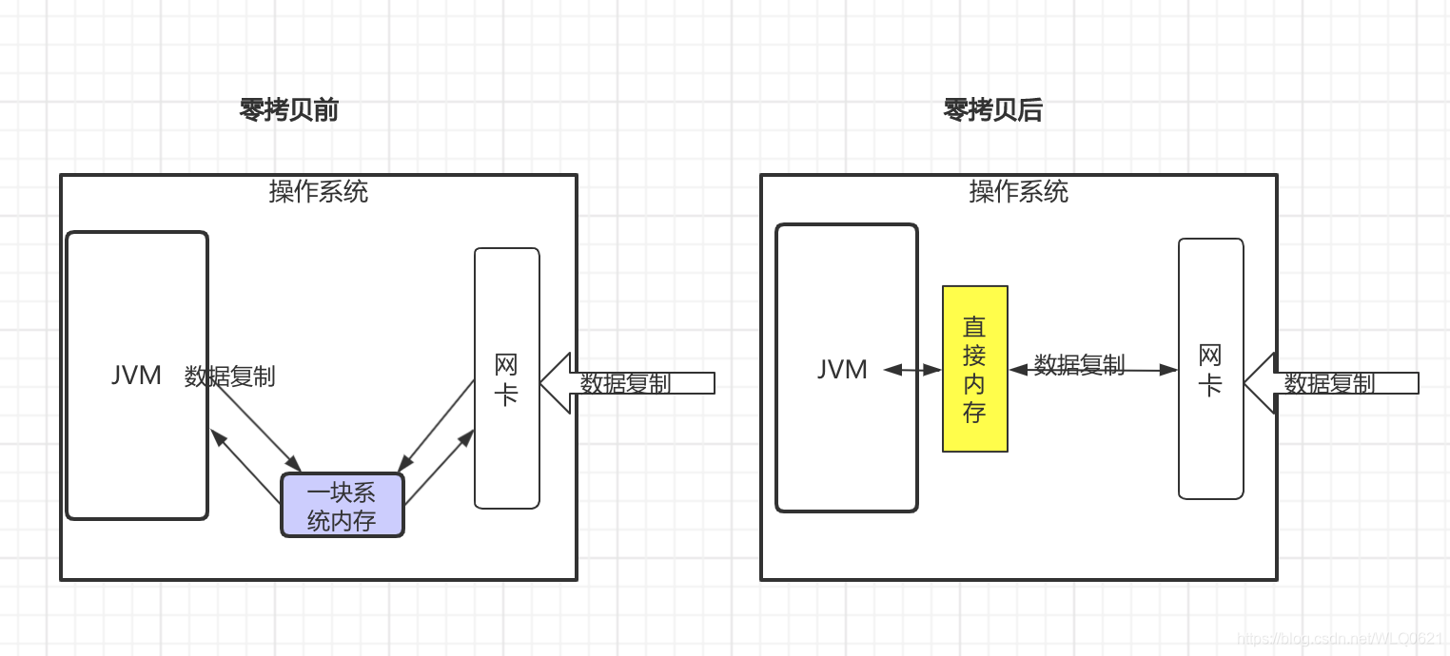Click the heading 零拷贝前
coord(289,111)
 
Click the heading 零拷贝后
coord(992,111)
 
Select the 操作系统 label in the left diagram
coord(319,192)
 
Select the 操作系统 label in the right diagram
coord(1019,192)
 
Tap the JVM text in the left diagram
coord(136,376)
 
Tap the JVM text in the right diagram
coord(842,369)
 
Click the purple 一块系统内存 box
coord(343,505)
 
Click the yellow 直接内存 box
coord(974,369)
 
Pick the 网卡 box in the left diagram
coord(507,378)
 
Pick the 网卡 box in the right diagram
coord(1210,369)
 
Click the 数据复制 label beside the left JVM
coord(229,376)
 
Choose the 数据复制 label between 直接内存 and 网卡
coord(1079,364)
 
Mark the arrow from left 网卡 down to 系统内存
coord(436,426)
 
